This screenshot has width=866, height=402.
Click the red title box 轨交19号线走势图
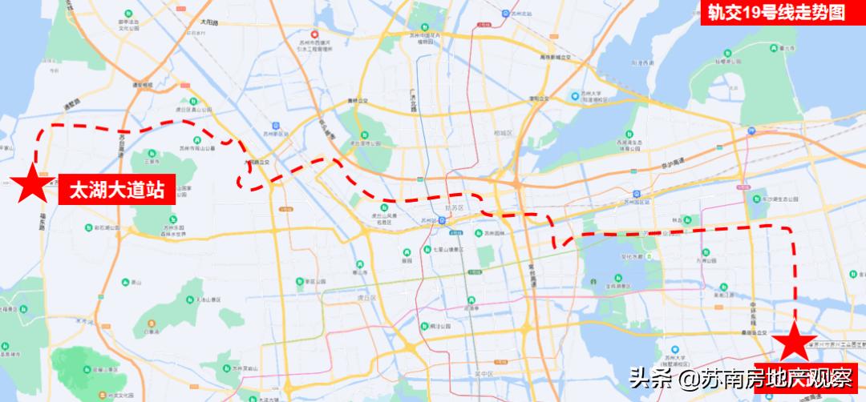point(782,12)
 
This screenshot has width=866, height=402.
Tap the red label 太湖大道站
point(116,190)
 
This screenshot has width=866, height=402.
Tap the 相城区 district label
point(504,132)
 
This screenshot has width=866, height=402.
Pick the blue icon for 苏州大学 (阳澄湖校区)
point(574,96)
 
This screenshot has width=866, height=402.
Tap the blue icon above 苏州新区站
point(277,126)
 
